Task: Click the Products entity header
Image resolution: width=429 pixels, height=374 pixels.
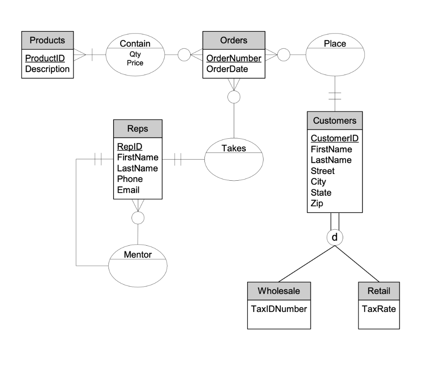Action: [47, 40]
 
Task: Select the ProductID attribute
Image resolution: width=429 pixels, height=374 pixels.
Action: [42, 58]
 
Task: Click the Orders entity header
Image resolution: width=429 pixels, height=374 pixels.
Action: [234, 40]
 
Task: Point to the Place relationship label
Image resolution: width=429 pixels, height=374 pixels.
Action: [335, 44]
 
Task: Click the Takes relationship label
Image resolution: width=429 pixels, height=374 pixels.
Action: [234, 148]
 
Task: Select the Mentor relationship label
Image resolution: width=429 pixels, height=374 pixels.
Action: [138, 255]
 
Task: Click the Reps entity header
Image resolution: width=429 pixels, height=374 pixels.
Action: [137, 129]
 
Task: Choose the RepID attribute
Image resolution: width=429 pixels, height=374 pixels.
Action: [130, 147]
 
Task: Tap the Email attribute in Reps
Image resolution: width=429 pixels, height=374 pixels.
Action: [128, 190]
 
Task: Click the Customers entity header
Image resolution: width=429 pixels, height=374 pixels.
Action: [335, 121]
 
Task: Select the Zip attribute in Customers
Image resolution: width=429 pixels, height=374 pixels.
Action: [317, 204]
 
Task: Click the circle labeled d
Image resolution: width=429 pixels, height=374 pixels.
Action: [334, 237]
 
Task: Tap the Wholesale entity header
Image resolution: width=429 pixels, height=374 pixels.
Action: [279, 291]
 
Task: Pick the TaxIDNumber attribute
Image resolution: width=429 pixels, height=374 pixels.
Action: [279, 309]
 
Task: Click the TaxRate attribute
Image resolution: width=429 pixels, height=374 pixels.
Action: [379, 309]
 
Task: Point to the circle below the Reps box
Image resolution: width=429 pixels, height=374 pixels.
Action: [137, 218]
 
